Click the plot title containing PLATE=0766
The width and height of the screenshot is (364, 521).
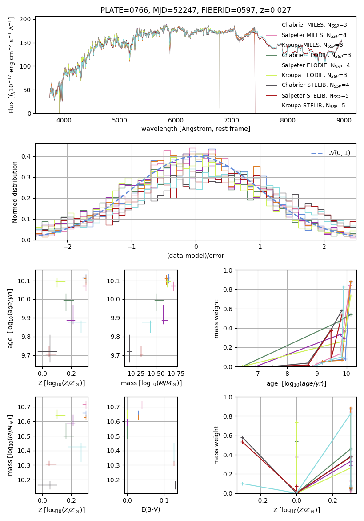click(196, 10)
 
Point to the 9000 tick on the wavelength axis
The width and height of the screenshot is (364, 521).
click(344, 120)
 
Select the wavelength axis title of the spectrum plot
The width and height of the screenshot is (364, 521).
click(196, 129)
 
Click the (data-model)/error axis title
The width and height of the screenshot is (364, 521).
click(196, 256)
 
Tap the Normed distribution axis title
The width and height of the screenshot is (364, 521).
click(15, 192)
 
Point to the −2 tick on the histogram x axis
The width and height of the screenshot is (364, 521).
click(67, 247)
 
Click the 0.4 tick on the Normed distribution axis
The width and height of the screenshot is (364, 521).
click(27, 156)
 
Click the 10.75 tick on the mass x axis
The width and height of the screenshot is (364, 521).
click(179, 374)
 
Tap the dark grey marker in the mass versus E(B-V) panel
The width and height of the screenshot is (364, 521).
click(176, 485)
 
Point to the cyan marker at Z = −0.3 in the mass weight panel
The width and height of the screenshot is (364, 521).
click(242, 484)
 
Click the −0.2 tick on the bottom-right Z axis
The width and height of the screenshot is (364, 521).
click(260, 500)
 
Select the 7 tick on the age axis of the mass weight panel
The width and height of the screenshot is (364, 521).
click(258, 374)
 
